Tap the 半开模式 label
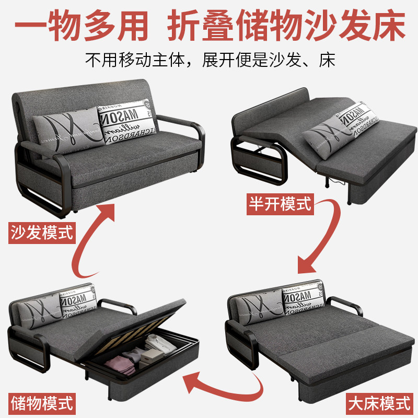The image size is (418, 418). point(279,204)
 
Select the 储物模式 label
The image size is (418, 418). point(42,403)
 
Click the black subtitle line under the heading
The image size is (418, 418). point(209,59)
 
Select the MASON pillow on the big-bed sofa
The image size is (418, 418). point(304,301)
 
